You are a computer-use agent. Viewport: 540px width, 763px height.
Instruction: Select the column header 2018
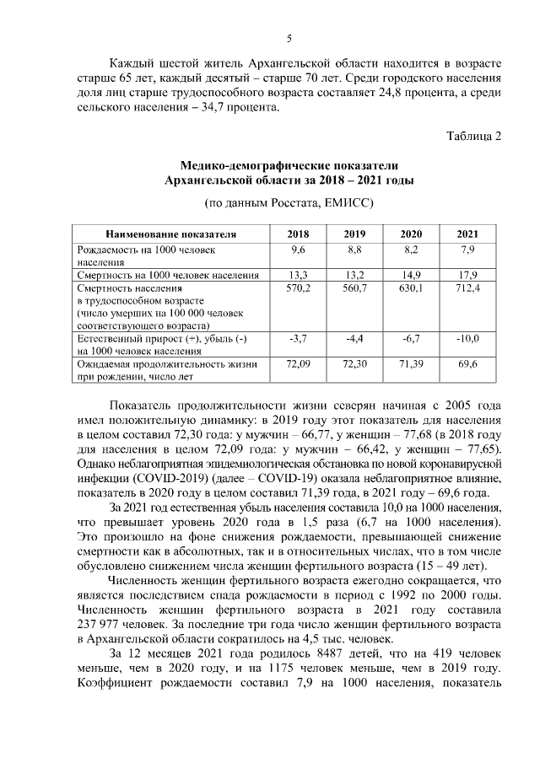coord(298,234)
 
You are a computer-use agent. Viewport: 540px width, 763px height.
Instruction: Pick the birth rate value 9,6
coord(298,250)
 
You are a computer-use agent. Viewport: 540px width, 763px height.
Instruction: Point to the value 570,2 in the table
coord(298,288)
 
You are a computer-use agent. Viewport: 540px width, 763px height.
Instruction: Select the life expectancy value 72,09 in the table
coord(298,363)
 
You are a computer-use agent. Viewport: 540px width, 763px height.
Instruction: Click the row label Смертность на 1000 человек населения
coord(168,275)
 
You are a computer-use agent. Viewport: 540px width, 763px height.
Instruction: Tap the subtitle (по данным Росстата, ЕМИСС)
coord(289,203)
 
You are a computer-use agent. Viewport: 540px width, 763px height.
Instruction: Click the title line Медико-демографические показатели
coord(289,165)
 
